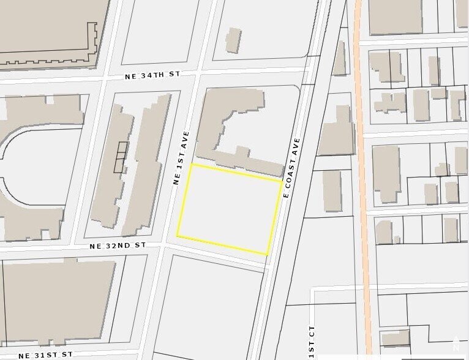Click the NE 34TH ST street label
[152, 75]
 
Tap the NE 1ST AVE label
[181, 158]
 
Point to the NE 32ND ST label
[118, 245]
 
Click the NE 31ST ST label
[45, 354]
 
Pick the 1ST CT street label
[312, 343]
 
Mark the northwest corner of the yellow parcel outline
[192, 164]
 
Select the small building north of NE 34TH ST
[233, 40]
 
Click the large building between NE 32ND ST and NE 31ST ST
[58, 300]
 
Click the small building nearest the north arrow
[395, 338]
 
